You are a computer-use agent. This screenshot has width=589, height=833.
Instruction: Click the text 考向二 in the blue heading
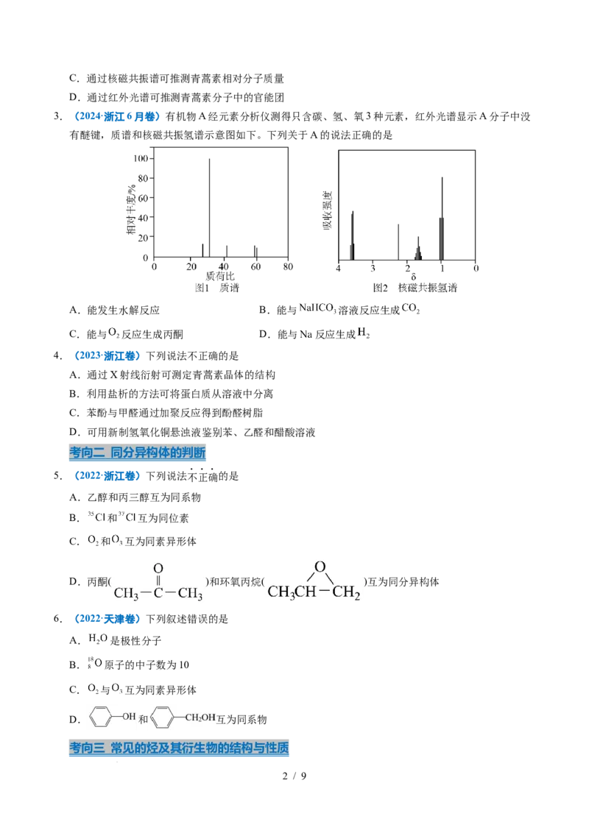coord(85,453)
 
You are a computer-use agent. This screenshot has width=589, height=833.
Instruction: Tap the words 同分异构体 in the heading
coord(144,453)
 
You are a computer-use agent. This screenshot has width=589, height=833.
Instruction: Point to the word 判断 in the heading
coord(193,453)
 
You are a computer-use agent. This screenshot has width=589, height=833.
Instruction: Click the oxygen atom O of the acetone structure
coord(158,569)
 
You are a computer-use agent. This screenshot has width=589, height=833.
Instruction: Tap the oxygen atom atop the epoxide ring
coord(319,567)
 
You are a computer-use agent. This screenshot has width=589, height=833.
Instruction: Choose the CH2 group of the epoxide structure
coord(347,592)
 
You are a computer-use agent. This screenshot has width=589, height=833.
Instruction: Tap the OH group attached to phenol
coord(129,715)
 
